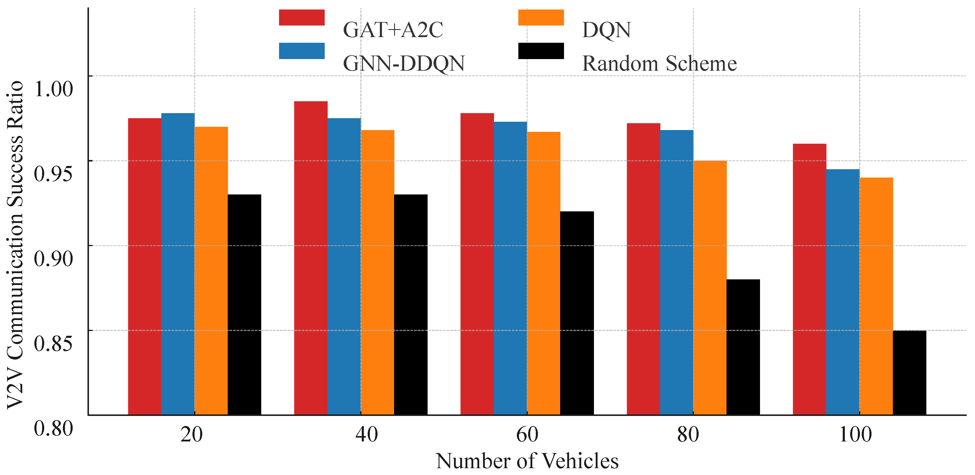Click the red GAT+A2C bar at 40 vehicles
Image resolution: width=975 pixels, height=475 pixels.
(311, 258)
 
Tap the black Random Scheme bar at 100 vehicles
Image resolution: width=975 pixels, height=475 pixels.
(909, 373)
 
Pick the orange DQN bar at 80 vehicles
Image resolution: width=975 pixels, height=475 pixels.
(710, 288)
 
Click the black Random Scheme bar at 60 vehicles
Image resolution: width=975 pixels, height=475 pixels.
(577, 313)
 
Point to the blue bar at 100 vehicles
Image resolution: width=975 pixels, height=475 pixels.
(843, 292)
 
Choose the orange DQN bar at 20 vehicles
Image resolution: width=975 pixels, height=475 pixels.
(211, 270)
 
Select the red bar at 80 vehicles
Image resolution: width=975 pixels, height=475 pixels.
(643, 269)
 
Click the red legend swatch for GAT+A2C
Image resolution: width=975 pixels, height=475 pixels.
(302, 18)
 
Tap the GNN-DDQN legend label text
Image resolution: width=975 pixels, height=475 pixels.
(404, 63)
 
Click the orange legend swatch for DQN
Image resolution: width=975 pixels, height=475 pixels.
(541, 18)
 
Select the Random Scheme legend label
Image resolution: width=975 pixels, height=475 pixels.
(659, 63)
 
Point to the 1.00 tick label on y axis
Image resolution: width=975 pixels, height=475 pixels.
(53, 89)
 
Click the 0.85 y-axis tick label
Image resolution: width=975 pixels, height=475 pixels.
(53, 343)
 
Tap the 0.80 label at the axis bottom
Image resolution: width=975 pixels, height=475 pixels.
(53, 429)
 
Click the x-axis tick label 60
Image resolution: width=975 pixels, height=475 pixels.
(527, 434)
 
